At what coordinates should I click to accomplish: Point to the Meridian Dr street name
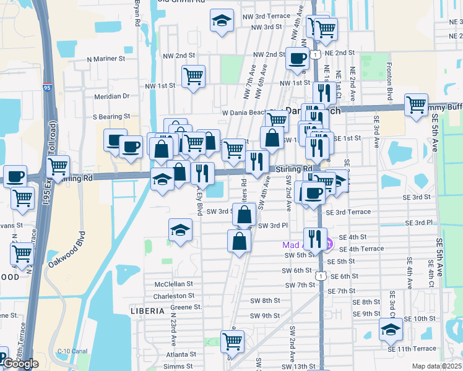click(111, 96)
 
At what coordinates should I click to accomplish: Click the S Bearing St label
click(111, 116)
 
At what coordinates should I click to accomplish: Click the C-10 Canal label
click(72, 351)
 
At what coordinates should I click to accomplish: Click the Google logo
click(21, 364)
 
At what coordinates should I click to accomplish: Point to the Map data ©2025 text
click(437, 366)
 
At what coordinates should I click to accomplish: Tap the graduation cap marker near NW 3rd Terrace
click(222, 21)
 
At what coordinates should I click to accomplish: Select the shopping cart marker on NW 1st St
click(193, 77)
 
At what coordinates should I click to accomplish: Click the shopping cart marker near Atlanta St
click(232, 341)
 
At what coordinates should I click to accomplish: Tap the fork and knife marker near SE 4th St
click(315, 238)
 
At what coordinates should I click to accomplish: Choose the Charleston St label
click(174, 296)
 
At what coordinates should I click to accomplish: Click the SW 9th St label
click(265, 316)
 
